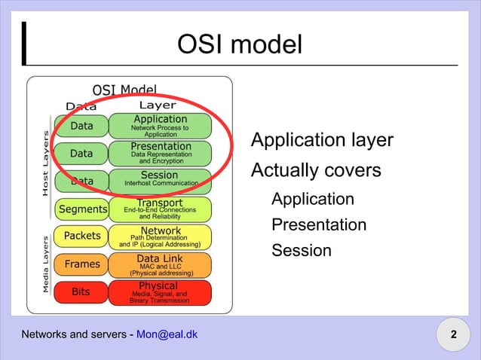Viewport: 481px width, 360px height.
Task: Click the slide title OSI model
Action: coord(240,44)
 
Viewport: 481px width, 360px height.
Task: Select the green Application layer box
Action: coord(160,126)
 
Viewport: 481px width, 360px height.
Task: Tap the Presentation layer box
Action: coord(160,153)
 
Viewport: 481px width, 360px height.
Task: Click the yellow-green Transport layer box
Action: coord(160,208)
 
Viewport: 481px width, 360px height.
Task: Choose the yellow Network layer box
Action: coord(160,236)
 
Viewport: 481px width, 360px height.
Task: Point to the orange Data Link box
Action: coord(160,264)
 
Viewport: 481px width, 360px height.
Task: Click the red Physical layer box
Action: coord(160,291)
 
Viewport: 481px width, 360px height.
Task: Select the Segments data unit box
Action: coord(81,209)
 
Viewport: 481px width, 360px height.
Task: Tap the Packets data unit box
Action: coord(81,236)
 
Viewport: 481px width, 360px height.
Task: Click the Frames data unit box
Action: coord(81,264)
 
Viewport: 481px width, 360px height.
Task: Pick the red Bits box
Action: coord(81,291)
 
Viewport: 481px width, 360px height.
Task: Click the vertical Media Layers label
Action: coord(46,263)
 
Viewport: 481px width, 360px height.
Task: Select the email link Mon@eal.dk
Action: coord(167,334)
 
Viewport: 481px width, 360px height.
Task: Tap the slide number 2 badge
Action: coord(453,334)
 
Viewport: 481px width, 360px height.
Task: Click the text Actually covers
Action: coord(316,171)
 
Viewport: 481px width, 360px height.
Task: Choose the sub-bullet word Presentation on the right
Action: coord(319,224)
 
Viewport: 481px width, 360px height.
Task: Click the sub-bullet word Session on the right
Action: coord(301,250)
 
